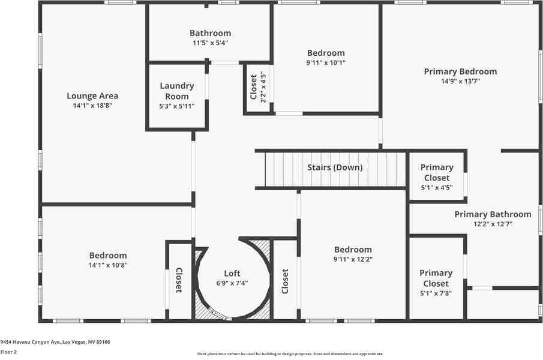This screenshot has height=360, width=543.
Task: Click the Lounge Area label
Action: coord(92,95)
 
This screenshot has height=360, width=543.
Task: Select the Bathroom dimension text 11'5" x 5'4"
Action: coord(210,43)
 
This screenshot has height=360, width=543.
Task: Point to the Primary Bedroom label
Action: coord(460,71)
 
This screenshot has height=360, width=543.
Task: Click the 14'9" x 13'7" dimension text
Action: coord(460,81)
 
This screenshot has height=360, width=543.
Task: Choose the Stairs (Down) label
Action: coord(335,167)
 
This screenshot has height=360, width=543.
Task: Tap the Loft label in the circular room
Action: coord(232,274)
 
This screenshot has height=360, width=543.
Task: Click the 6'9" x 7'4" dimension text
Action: coord(232,283)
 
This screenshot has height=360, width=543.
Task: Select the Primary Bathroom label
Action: coord(493,214)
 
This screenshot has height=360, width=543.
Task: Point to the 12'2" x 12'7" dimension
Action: coord(493,224)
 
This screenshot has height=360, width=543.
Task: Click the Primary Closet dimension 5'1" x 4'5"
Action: coord(436,187)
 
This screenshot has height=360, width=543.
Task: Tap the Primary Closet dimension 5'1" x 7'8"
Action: coord(436,293)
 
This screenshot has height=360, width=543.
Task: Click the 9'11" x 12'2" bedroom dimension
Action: coord(353,259)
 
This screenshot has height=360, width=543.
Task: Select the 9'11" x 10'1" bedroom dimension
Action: coord(326,62)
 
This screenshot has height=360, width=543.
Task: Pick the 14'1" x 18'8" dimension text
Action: coord(92,105)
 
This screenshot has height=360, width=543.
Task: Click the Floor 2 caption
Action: coord(8,352)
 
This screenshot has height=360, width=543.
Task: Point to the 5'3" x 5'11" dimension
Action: coord(177,106)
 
